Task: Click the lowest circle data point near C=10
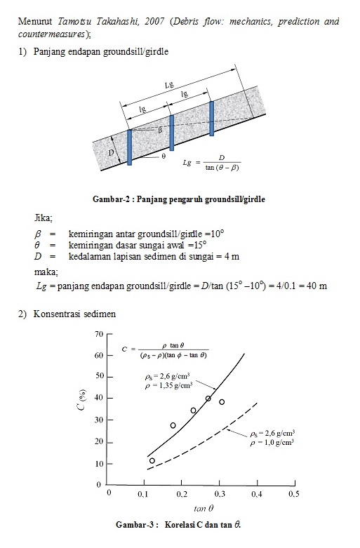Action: tap(152, 461)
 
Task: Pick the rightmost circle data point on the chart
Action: tap(222, 402)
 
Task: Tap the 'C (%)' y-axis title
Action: tap(82, 409)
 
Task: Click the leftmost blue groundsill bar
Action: tap(129, 147)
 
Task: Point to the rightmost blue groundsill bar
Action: tap(211, 119)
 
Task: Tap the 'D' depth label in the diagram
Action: tap(109, 152)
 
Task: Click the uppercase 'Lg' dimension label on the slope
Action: tap(169, 84)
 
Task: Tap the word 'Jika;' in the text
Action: tap(44, 218)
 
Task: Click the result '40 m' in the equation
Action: tap(318, 286)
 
